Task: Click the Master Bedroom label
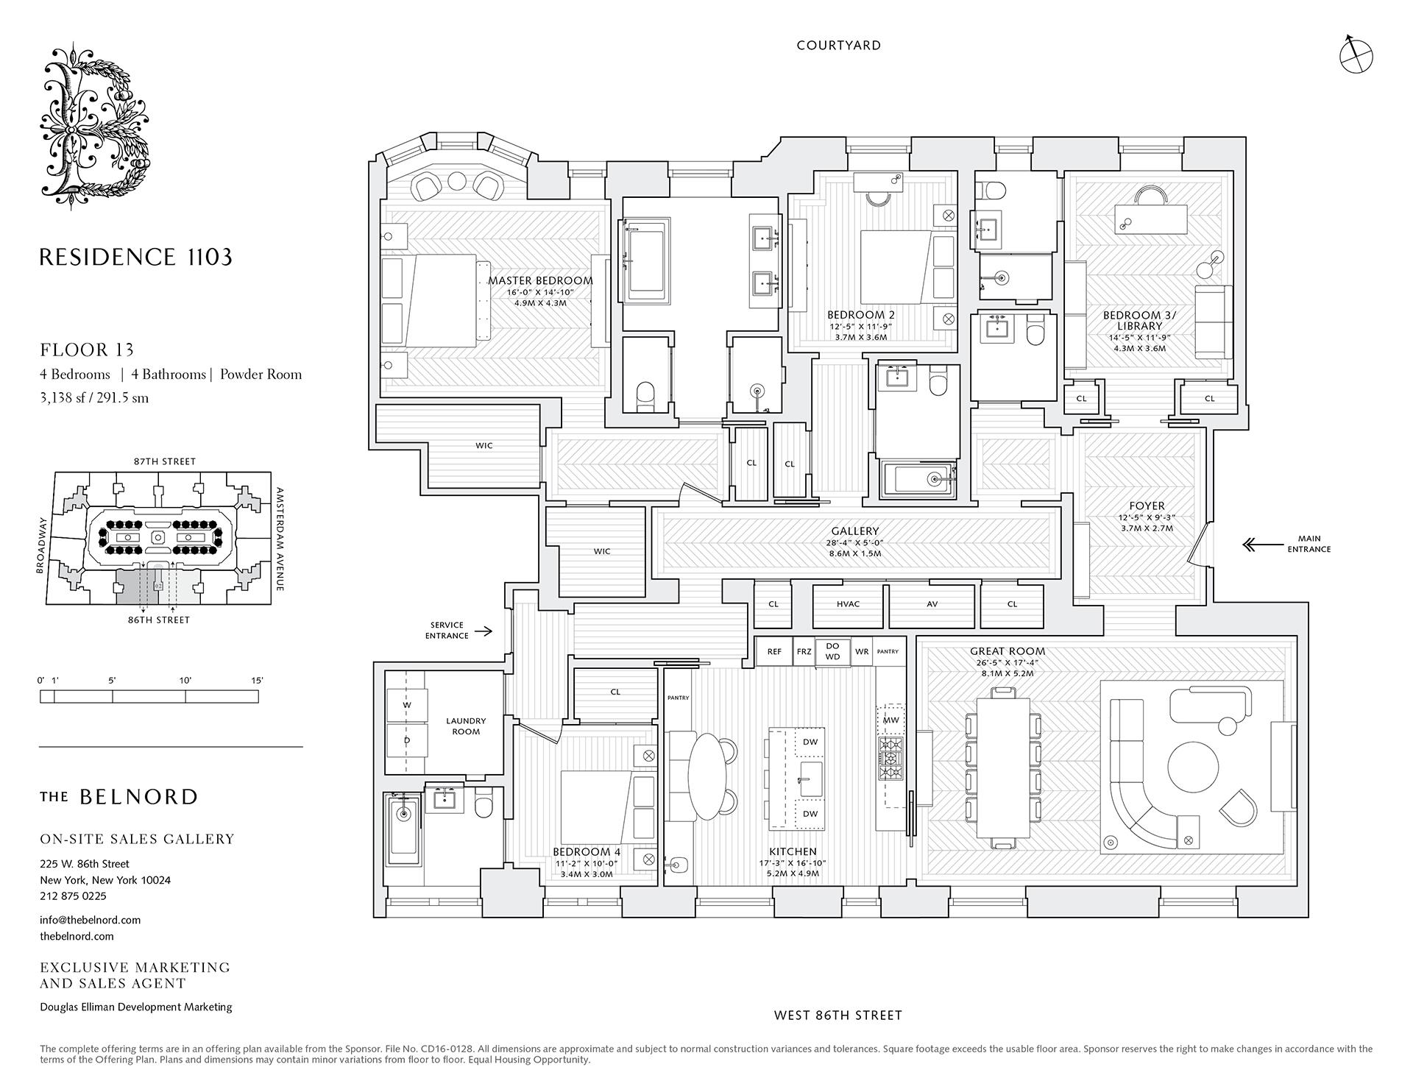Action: click(540, 280)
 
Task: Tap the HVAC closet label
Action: click(848, 604)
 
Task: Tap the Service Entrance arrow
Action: click(483, 631)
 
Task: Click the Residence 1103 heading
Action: click(135, 257)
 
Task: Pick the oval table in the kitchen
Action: click(704, 776)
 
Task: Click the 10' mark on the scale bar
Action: click(185, 681)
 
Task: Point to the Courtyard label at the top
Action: click(838, 46)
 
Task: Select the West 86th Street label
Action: click(837, 1015)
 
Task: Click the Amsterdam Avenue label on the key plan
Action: click(279, 539)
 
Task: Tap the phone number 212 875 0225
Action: click(73, 896)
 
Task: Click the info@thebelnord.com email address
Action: click(90, 920)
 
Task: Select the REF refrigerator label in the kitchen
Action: click(774, 652)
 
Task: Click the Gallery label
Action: click(855, 531)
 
